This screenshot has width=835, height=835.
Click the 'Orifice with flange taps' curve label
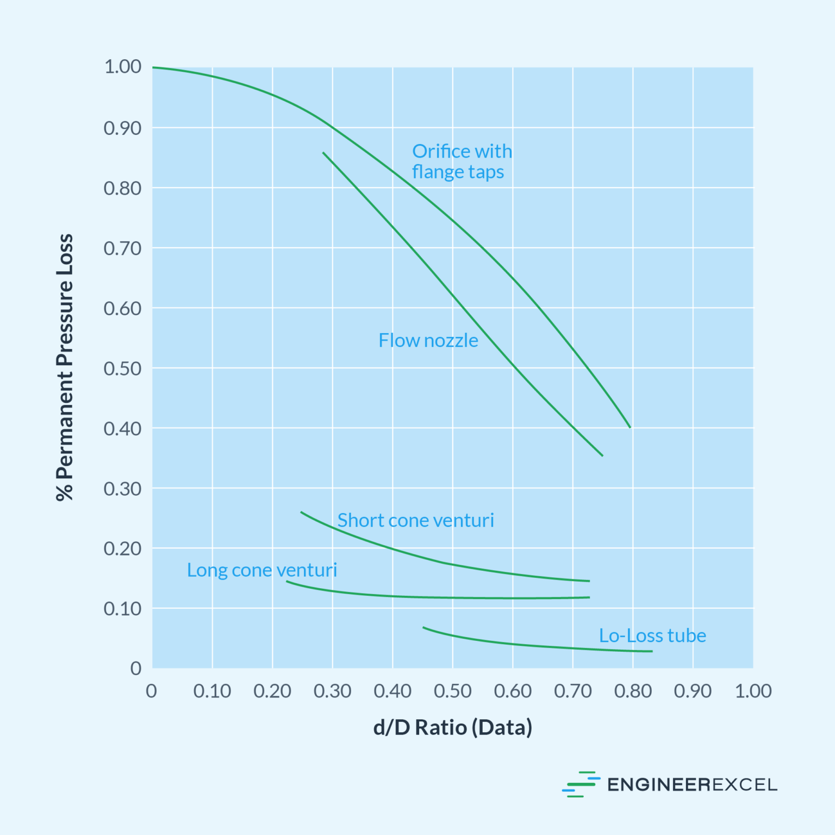tap(462, 161)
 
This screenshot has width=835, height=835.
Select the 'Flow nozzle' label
tap(428, 341)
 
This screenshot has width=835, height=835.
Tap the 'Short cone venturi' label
tap(415, 521)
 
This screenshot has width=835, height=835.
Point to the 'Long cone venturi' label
tap(262, 570)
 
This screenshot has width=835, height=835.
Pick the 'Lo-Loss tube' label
tap(652, 635)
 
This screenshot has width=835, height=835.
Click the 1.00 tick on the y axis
tap(123, 67)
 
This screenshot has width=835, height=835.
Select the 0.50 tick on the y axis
tap(123, 369)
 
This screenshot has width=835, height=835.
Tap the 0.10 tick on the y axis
tap(123, 609)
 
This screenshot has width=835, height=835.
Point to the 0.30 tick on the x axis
tap(332, 691)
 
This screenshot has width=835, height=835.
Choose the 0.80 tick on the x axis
tap(633, 691)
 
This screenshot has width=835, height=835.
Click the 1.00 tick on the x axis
tap(753, 691)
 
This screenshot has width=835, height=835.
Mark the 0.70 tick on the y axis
tap(123, 248)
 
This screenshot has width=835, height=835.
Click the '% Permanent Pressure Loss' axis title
tap(65, 367)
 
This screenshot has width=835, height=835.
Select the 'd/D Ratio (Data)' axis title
tap(452, 728)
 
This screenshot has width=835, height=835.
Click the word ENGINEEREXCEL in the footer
tap(692, 785)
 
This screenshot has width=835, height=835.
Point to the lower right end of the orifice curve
tap(630, 427)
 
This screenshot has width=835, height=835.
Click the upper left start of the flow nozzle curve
tap(323, 153)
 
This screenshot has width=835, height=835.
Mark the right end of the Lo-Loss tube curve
tap(652, 651)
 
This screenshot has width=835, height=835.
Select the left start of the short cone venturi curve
tap(301, 512)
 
